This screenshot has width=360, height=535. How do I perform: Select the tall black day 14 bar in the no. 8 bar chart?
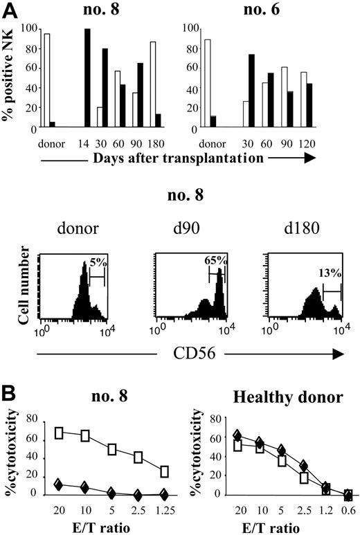[87, 78]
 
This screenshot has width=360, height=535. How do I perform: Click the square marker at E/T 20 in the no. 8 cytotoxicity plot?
[59, 433]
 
